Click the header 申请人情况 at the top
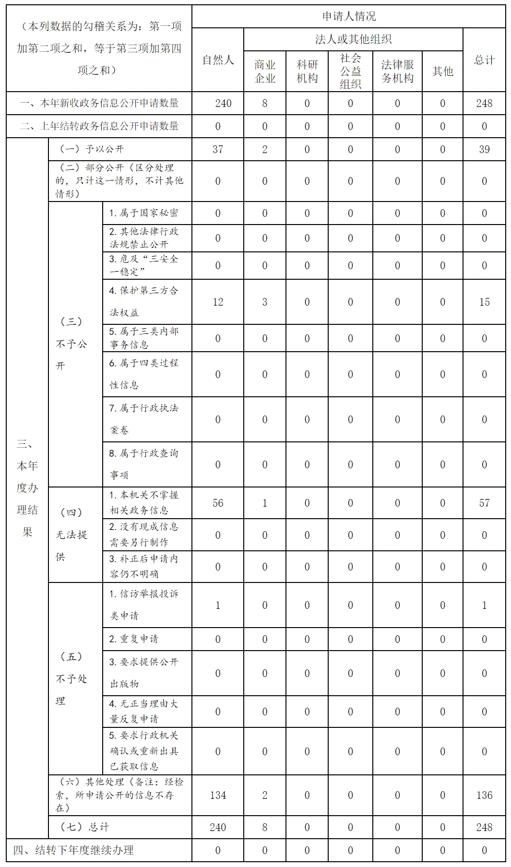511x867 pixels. click(x=349, y=16)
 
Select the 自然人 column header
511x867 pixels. click(x=218, y=60)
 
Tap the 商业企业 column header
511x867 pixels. click(x=265, y=71)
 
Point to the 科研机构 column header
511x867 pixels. click(x=307, y=71)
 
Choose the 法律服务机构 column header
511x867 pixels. click(x=397, y=71)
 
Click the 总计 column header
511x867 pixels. click(x=484, y=60)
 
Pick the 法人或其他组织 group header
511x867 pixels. click(x=353, y=39)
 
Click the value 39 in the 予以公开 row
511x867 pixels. click(x=484, y=149)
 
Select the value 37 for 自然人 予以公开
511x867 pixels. click(x=218, y=149)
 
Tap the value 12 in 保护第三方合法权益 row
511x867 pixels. click(x=218, y=302)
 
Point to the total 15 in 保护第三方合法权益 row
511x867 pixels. click(x=484, y=302)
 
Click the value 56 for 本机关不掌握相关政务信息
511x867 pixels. click(x=218, y=503)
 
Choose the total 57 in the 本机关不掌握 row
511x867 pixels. click(x=484, y=503)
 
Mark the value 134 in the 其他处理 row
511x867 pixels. click(x=218, y=795)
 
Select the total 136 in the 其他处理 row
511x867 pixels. click(x=484, y=795)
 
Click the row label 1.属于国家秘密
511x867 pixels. click(x=143, y=213)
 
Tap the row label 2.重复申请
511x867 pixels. click(x=133, y=639)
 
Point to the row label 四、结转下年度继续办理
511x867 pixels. click(x=73, y=850)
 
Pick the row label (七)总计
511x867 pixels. click(x=85, y=827)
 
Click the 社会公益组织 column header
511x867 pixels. click(x=350, y=71)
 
